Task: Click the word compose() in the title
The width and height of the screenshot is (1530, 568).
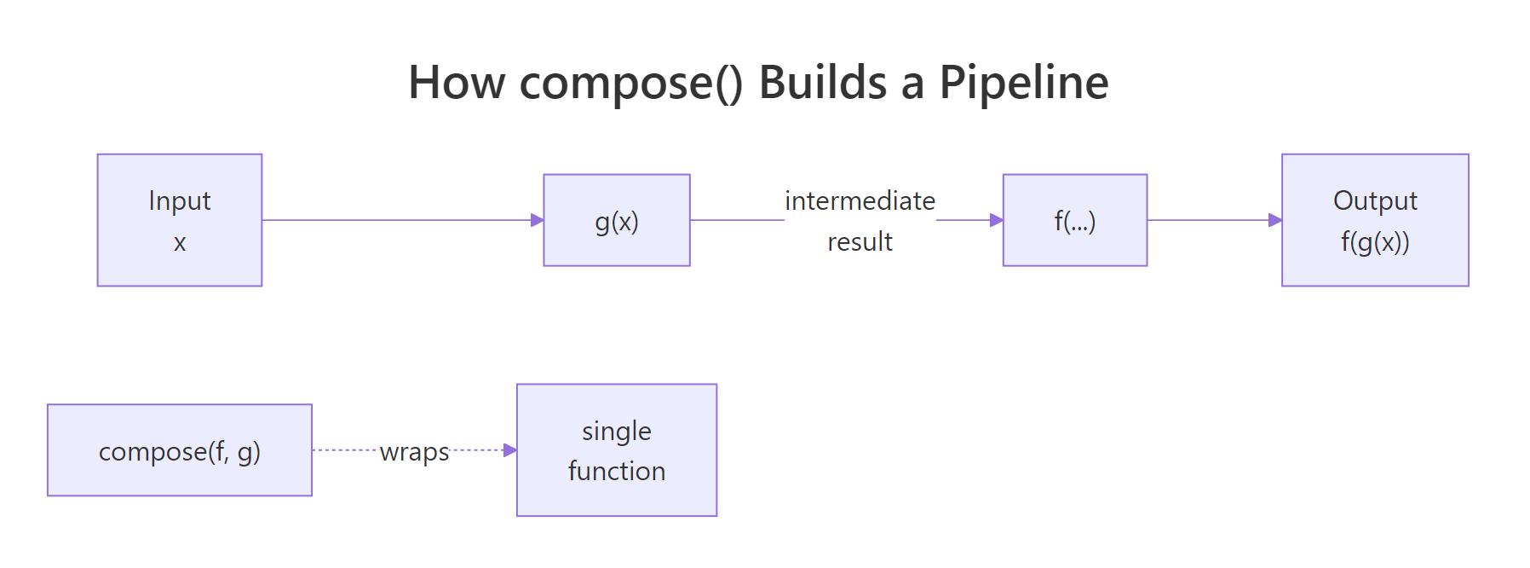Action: click(x=630, y=84)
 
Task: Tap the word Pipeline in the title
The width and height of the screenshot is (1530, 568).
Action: click(x=1023, y=84)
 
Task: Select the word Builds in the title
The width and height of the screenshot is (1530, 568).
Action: click(x=822, y=84)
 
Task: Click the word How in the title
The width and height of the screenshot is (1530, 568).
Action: click(x=456, y=84)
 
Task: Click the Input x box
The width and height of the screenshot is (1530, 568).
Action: click(x=180, y=220)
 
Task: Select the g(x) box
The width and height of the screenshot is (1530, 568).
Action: click(x=617, y=220)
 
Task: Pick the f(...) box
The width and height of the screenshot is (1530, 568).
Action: click(x=1075, y=220)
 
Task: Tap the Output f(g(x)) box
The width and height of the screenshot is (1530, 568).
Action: click(x=1375, y=220)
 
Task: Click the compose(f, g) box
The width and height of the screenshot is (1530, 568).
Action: click(x=180, y=450)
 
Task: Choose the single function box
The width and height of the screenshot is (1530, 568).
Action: click(x=617, y=450)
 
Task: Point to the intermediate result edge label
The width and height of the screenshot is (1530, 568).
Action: click(x=860, y=221)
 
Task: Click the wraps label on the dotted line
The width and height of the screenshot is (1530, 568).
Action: click(x=414, y=451)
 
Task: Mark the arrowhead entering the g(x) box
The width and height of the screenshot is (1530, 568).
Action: click(x=538, y=220)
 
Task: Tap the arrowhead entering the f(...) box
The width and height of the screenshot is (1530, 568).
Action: click(x=997, y=220)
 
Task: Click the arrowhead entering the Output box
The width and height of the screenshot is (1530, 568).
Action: click(x=1275, y=220)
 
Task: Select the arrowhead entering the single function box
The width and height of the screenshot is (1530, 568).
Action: click(x=510, y=450)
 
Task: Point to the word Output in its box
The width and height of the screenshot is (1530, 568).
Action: click(x=1375, y=200)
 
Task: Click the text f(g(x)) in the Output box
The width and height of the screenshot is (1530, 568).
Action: click(x=1375, y=242)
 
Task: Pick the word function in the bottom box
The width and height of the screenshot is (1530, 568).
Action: click(x=617, y=471)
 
